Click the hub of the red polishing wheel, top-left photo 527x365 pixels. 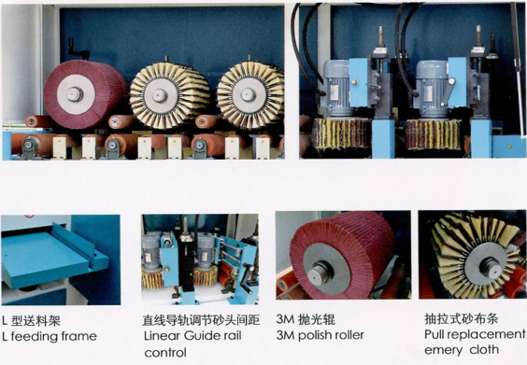pyautogui.click(x=74, y=94)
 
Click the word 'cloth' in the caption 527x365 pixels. pyautogui.click(x=484, y=349)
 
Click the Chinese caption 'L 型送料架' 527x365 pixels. pyautogui.click(x=31, y=321)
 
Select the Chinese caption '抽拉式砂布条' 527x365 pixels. pyautogui.click(x=462, y=318)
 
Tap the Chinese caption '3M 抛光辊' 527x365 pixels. pyautogui.click(x=306, y=319)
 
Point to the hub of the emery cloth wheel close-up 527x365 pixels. pyautogui.click(x=489, y=266)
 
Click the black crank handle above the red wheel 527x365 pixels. pyautogui.click(x=78, y=49)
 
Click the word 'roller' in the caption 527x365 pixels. pyautogui.click(x=349, y=335)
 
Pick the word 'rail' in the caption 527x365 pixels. pyautogui.click(x=233, y=335)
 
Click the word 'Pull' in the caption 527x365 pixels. pyautogui.click(x=434, y=334)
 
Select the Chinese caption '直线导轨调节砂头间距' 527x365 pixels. pyautogui.click(x=201, y=320)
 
